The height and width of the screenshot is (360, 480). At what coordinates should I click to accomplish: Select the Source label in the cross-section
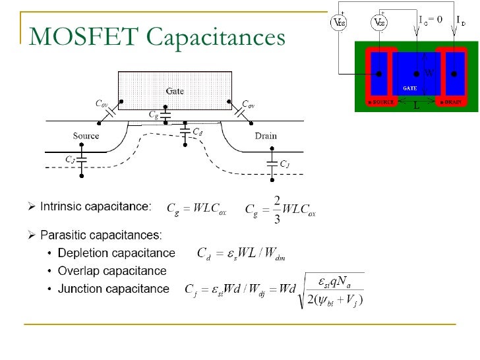tap(86, 136)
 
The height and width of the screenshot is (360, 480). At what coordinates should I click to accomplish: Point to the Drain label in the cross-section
tap(266, 136)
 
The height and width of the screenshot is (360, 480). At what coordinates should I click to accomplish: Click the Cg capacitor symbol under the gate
tap(166, 116)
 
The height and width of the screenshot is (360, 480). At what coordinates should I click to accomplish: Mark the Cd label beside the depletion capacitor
tap(197, 132)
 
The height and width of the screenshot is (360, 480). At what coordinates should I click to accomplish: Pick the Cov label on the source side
tap(102, 104)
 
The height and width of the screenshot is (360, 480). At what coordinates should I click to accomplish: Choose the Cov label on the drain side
tap(249, 104)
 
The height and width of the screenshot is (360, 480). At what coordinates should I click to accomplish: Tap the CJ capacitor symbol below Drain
tap(271, 161)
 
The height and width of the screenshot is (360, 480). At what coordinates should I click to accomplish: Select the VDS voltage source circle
tap(339, 22)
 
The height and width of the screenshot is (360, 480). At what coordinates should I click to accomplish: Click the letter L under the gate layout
tap(416, 105)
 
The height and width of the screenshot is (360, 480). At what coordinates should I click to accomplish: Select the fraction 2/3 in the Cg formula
tap(277, 209)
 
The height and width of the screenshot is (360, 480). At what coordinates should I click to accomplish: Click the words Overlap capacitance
tap(112, 270)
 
